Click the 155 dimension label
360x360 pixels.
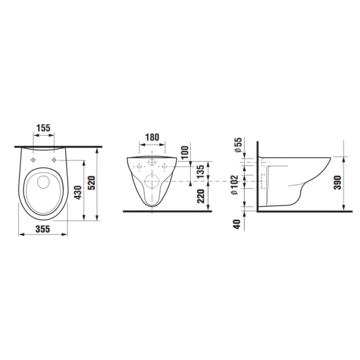point(43,128)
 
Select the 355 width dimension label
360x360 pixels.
point(42,229)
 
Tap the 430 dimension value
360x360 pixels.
point(78,193)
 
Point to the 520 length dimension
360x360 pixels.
point(92,183)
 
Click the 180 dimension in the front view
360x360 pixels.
point(152,138)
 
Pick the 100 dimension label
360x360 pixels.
point(185,153)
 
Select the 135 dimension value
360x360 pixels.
point(200,172)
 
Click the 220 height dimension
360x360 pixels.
point(201,196)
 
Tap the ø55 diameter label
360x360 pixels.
point(238,145)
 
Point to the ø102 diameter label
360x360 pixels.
point(235,185)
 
